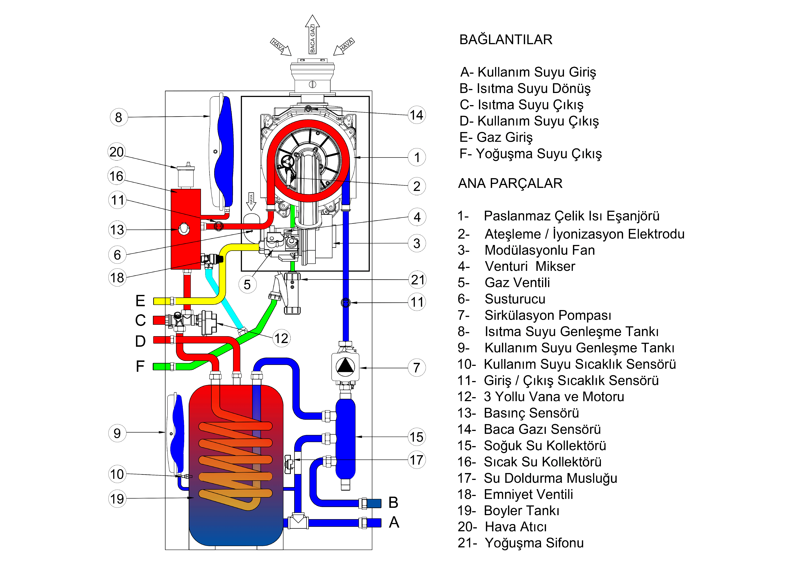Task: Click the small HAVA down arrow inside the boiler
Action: click(x=251, y=201)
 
